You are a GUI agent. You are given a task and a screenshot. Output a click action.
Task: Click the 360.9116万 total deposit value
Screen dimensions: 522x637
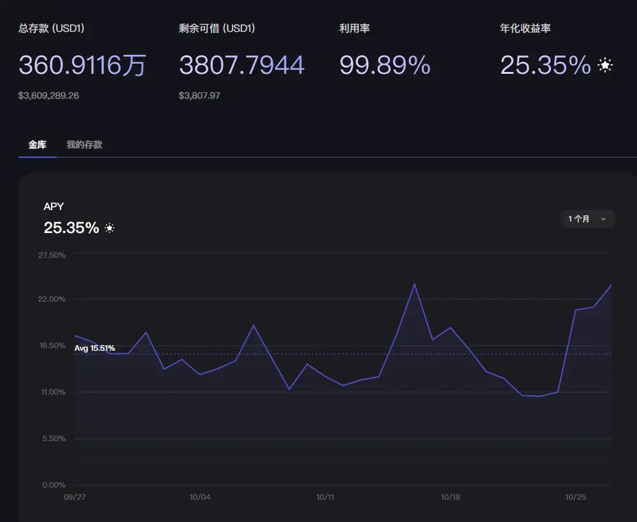[x=82, y=65]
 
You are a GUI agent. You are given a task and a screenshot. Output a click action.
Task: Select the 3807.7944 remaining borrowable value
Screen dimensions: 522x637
[x=241, y=65]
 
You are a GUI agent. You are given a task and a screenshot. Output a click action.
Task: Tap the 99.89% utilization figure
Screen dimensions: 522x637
[x=385, y=65]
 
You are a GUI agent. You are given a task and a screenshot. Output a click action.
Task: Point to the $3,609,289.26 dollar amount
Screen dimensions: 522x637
[x=48, y=95]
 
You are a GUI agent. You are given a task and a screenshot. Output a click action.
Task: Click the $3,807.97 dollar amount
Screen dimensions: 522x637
[x=199, y=95]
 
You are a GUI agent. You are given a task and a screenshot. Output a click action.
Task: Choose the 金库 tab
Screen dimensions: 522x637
[x=38, y=145]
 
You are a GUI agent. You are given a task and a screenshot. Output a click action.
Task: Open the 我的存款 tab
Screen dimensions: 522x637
[x=84, y=145]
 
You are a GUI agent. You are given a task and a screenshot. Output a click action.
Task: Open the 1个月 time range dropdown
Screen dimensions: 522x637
[x=587, y=219]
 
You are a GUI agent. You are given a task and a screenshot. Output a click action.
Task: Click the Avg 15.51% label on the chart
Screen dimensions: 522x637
[x=94, y=348]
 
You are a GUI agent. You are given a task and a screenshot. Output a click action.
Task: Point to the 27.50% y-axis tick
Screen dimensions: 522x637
[x=52, y=255]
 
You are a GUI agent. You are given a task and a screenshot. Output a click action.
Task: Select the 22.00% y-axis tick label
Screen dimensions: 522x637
[x=52, y=299]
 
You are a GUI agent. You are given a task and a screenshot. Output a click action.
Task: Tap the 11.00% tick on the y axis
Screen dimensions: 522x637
[x=52, y=392]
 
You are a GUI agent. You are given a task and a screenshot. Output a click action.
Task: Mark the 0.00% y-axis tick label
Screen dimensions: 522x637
[x=54, y=485]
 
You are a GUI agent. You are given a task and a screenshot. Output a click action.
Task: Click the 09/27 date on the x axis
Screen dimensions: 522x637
[x=75, y=497]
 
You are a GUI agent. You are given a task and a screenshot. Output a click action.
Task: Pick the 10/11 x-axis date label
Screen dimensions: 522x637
[x=325, y=497]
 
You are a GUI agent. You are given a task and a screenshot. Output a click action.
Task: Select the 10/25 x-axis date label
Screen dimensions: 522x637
[x=575, y=497]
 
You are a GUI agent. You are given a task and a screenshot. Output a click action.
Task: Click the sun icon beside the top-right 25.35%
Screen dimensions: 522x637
[x=605, y=65]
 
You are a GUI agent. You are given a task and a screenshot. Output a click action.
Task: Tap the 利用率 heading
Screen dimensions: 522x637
[x=355, y=29]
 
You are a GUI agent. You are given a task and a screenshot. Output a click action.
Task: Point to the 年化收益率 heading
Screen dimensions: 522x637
[x=526, y=29]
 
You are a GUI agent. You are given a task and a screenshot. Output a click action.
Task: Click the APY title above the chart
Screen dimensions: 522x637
[x=54, y=206]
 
